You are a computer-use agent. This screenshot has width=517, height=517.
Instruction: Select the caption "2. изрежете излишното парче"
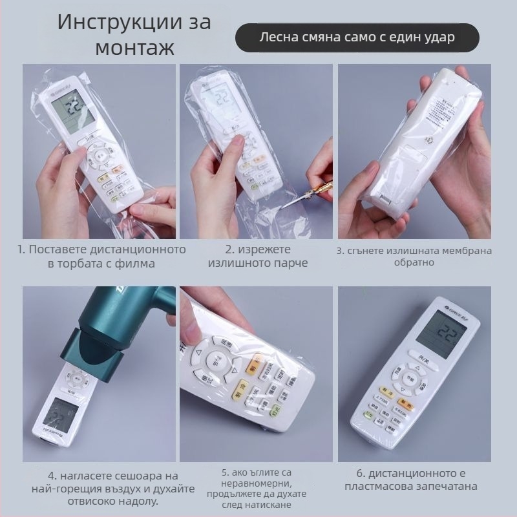click(x=257, y=256)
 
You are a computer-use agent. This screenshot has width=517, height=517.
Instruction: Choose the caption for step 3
click(x=414, y=257)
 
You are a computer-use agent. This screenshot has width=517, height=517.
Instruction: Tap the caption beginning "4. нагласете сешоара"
click(x=99, y=487)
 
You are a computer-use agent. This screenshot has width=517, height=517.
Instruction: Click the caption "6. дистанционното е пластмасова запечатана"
click(x=414, y=480)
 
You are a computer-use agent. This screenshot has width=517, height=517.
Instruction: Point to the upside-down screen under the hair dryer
click(x=65, y=410)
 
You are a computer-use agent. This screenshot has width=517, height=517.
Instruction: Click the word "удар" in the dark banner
click(x=438, y=37)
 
